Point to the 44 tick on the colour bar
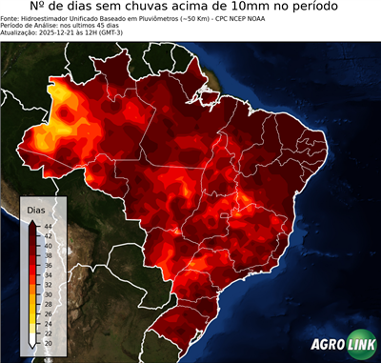47,224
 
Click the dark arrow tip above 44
32,220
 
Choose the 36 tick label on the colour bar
47,263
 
